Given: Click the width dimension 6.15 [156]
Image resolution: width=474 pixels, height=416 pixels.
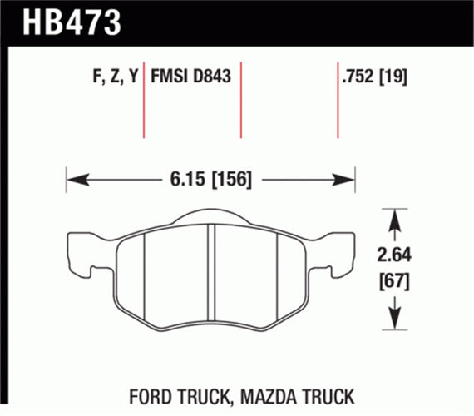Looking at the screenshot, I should [211, 178].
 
